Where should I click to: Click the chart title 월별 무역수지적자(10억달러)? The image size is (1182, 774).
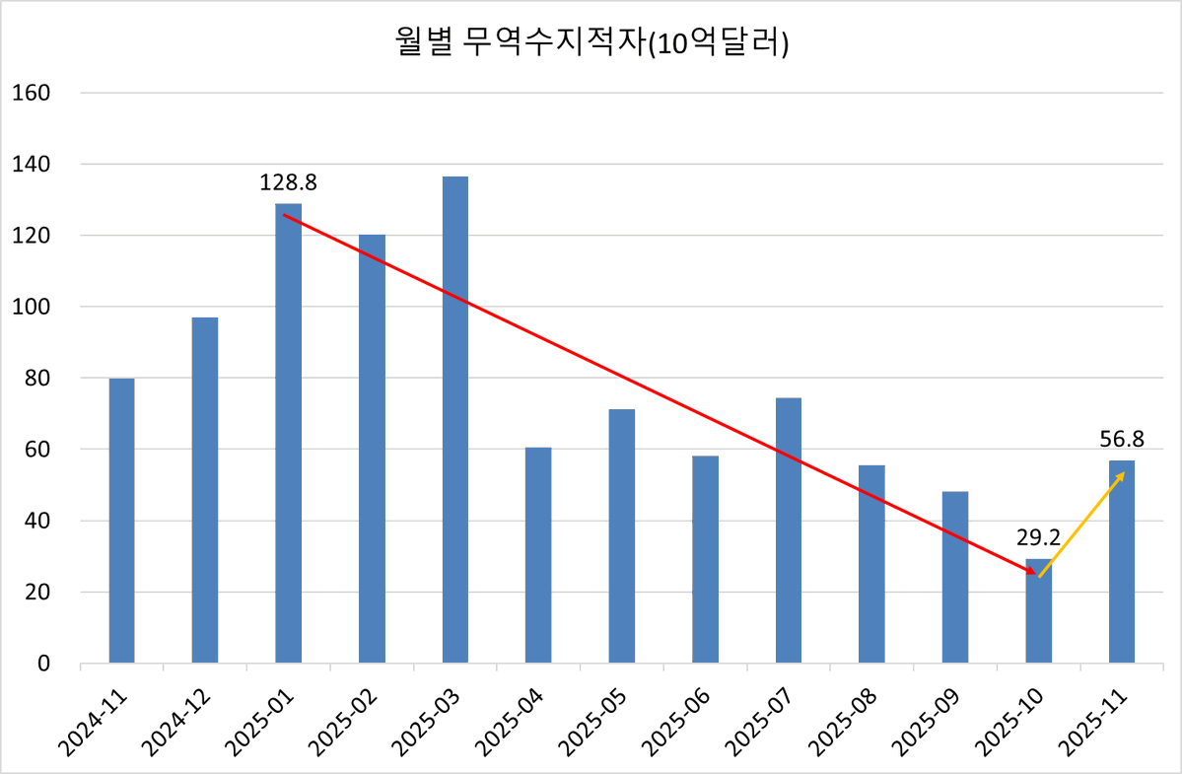coord(590,44)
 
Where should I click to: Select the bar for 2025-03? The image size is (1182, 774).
coord(454,419)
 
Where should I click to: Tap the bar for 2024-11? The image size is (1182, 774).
coord(121,520)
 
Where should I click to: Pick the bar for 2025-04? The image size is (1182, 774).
coord(538,554)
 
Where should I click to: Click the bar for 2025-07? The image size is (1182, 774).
coord(789,529)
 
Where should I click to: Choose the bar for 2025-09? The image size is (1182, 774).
coord(955,577)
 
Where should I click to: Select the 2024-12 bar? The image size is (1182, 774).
coord(205,489)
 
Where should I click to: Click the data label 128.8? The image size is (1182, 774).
coord(288,182)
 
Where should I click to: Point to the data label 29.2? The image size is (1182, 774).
coord(1038,537)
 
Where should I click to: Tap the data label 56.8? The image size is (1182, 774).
coord(1122,439)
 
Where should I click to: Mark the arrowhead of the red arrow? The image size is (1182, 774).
coord(1031,572)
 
